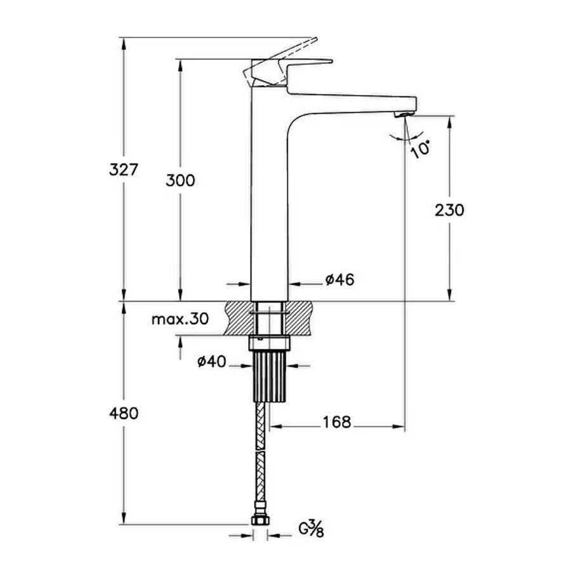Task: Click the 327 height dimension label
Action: click(x=124, y=169)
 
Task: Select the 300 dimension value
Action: click(x=180, y=180)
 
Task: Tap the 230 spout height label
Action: click(x=449, y=210)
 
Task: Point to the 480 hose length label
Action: click(x=124, y=413)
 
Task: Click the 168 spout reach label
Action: click(x=337, y=422)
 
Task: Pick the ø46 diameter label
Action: click(x=340, y=280)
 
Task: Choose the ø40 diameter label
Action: click(x=211, y=362)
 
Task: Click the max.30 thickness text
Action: click(x=180, y=319)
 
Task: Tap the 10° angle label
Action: click(x=420, y=148)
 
